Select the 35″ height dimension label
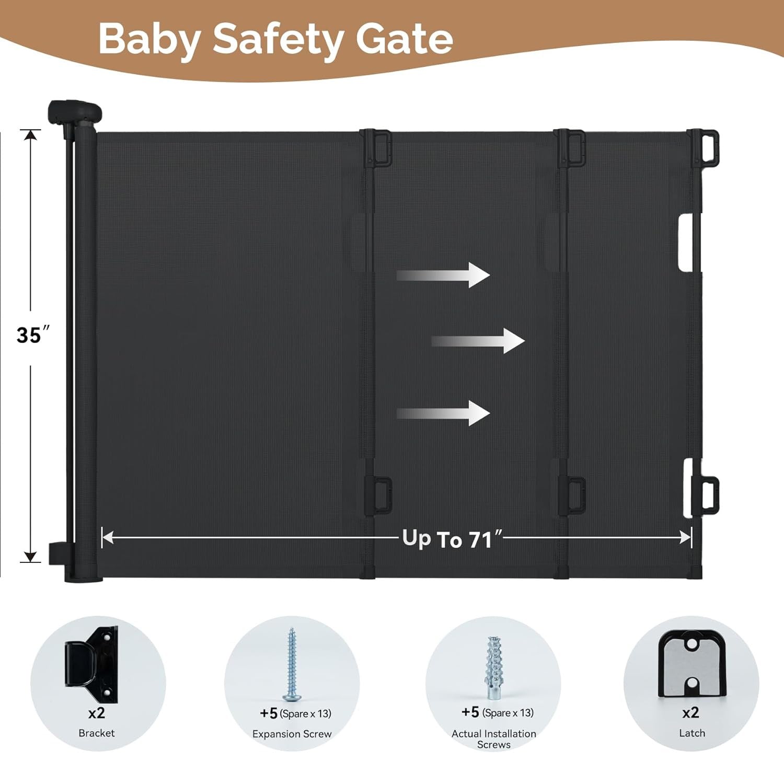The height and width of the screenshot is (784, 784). [32, 335]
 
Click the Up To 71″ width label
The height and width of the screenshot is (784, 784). [453, 539]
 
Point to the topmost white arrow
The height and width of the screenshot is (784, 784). [443, 275]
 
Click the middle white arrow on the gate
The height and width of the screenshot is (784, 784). [478, 341]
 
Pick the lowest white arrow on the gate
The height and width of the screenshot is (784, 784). [443, 413]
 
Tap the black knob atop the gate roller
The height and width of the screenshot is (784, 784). [75, 112]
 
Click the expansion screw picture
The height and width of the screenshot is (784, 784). [292, 664]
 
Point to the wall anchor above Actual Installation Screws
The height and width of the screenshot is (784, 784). [493, 667]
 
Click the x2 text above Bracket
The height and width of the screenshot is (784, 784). [97, 713]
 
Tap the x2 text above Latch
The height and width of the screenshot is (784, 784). [690, 712]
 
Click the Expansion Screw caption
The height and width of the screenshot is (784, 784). [292, 734]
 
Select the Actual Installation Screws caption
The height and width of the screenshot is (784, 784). [494, 739]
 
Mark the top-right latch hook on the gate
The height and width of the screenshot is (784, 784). [704, 149]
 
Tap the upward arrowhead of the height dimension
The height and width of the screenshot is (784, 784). [31, 134]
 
